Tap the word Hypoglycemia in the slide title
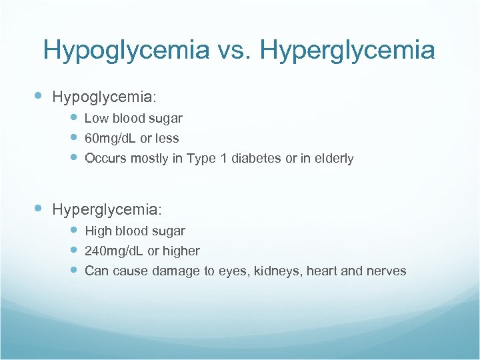pos(125,51)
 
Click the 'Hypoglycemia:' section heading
pos(105,97)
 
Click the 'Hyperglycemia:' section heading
pos(107,209)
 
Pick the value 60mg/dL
pos(114,139)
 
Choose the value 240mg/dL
pos(114,251)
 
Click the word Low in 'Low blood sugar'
pos(96,119)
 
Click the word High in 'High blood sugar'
pos(98,231)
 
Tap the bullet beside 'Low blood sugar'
pos(75,118)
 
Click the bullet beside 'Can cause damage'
pos(75,270)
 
